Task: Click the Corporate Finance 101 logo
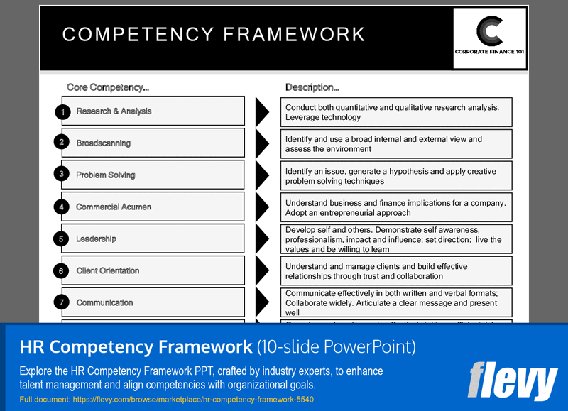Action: tap(489, 38)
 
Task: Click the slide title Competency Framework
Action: tap(214, 34)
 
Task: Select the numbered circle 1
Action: tap(62, 111)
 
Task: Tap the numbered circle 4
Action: tap(62, 207)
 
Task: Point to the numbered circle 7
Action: tap(62, 303)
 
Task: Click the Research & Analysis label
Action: tap(114, 111)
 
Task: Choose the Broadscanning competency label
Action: tap(104, 143)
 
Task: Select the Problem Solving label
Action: tap(106, 175)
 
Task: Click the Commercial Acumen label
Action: tap(114, 207)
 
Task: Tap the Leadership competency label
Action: tap(96, 239)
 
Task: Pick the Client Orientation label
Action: tap(108, 271)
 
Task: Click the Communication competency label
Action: tap(104, 303)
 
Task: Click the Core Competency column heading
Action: tap(108, 87)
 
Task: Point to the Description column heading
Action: tap(312, 87)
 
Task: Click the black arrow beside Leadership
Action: tap(261, 239)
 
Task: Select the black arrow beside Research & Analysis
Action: tap(261, 111)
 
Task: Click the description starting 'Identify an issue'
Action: tap(395, 176)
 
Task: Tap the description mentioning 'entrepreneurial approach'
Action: tap(395, 208)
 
